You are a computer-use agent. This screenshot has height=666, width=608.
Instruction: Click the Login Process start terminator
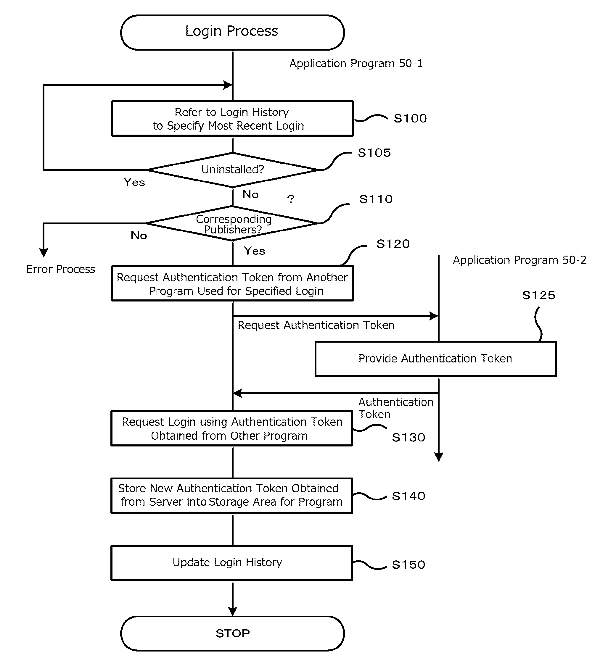point(232,32)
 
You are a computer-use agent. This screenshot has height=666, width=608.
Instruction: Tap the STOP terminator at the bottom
point(232,633)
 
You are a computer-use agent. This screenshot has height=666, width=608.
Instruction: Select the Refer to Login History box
point(232,119)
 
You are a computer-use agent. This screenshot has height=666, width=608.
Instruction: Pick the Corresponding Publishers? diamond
point(232,223)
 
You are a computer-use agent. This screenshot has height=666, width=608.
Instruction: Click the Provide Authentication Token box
point(435,359)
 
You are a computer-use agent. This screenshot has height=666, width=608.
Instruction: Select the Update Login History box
point(232,563)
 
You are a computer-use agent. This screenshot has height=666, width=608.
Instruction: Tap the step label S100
point(410,118)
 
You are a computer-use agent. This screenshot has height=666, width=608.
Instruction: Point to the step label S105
point(374,153)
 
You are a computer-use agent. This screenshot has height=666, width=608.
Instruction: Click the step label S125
point(539,295)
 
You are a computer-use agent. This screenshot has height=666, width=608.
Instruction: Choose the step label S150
point(408,565)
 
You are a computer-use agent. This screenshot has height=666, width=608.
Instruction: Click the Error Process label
point(60,269)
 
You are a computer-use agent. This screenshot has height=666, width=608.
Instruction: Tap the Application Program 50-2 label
point(519,260)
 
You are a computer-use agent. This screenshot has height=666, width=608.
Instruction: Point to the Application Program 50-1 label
point(356,63)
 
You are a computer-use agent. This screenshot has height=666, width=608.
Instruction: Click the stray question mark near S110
point(291,199)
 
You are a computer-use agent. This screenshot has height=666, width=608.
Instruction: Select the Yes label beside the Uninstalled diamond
point(134,182)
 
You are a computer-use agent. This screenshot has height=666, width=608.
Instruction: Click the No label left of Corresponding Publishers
point(139,235)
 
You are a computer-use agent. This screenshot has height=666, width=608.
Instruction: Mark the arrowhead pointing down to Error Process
point(44,253)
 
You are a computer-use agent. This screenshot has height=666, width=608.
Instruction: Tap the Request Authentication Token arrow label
point(316,325)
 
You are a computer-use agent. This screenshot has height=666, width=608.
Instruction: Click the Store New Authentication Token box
point(232,496)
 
